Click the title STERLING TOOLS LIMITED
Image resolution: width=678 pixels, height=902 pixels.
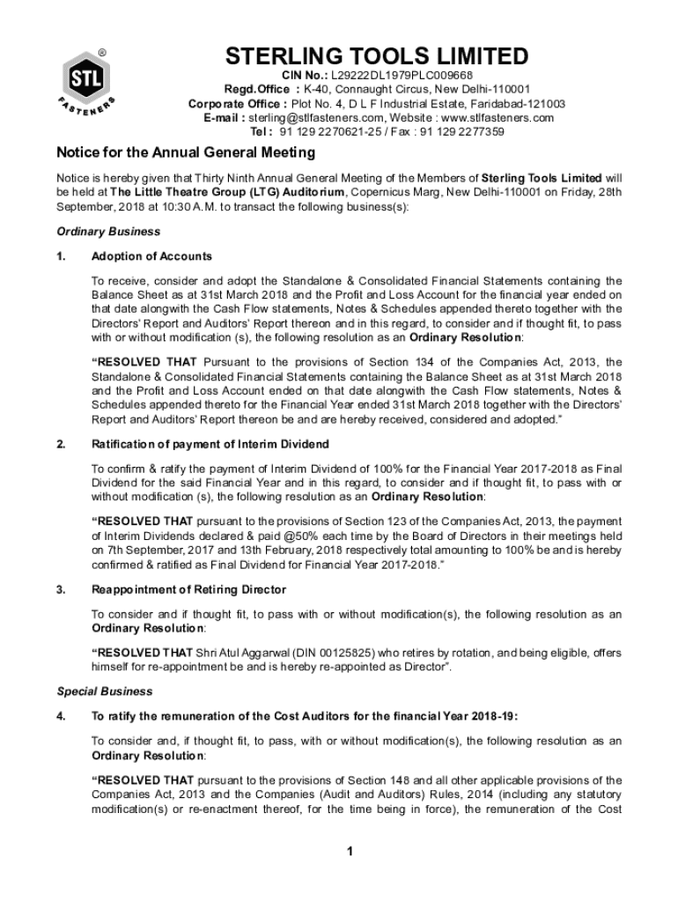pos(376,58)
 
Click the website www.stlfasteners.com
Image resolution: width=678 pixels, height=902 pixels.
pos(497,118)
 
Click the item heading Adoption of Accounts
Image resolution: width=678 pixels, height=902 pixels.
pos(151,256)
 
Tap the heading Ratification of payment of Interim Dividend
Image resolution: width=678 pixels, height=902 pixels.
pos(210,443)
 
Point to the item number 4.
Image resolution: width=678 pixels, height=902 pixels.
pos(60,716)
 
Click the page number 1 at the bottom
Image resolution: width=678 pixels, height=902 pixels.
pos(350,851)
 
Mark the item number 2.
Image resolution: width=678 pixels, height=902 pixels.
pos(60,443)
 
